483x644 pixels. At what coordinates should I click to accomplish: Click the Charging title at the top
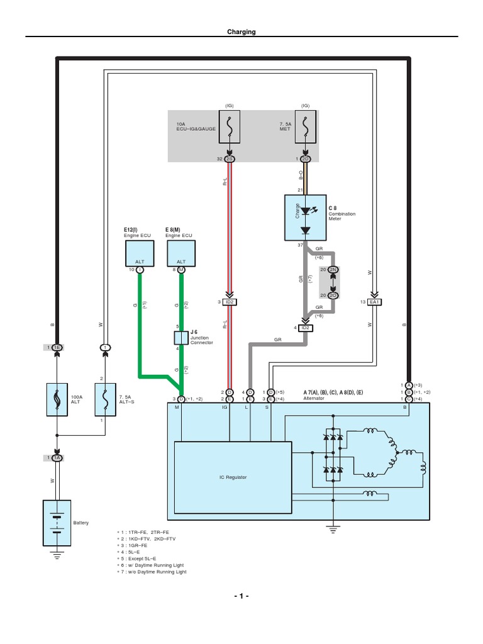[x=241, y=31]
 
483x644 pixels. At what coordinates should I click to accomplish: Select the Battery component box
[x=57, y=523]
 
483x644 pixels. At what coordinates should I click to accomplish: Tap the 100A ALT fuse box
[x=57, y=399]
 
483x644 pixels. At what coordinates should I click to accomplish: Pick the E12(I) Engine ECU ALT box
[x=139, y=252]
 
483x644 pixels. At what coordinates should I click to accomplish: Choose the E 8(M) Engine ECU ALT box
[x=181, y=252]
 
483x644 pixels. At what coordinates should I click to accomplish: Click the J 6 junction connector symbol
[x=181, y=338]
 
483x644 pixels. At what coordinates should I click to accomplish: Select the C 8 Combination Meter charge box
[x=305, y=216]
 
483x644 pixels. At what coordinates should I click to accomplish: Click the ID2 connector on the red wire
[x=230, y=302]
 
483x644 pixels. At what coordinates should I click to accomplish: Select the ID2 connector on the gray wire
[x=306, y=328]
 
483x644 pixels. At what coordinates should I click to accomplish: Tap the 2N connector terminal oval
[x=333, y=269]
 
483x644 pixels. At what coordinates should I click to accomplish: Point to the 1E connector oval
[x=57, y=347]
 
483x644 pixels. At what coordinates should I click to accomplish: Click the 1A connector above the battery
[x=57, y=458]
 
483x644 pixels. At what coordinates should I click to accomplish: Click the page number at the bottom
[x=241, y=596]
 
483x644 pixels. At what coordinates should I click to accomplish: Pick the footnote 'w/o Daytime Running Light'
[x=155, y=572]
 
